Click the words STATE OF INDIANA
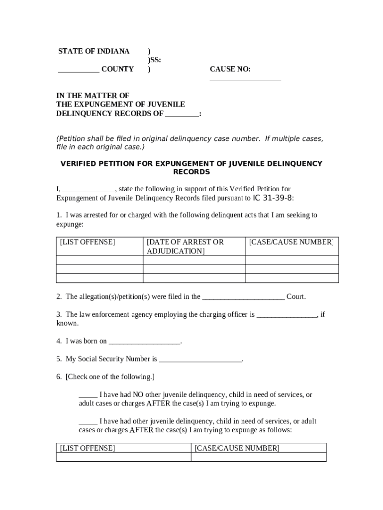coord(94,51)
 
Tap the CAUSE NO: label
coord(230,69)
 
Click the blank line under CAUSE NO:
coord(245,79)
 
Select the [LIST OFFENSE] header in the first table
coord(87,242)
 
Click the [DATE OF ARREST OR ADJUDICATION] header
coord(185,247)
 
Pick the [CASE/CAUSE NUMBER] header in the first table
coord(291,242)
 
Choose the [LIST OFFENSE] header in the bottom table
coord(87,448)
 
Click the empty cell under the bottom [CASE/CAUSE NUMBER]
coord(259,457)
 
